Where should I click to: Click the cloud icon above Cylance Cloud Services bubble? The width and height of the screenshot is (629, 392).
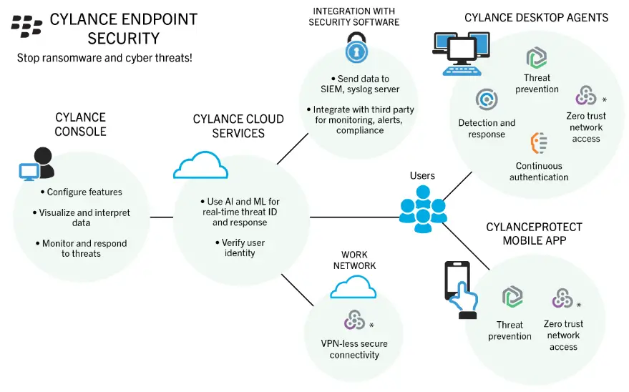200,166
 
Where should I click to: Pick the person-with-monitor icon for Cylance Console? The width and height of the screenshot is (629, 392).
36,165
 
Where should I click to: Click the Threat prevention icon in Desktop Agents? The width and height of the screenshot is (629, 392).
537,58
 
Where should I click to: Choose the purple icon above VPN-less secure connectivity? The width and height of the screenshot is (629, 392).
354,319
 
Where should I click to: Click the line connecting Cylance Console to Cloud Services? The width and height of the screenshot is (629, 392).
162,216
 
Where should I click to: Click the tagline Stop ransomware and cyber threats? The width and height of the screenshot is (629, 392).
104,57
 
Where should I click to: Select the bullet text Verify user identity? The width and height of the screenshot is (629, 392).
235,248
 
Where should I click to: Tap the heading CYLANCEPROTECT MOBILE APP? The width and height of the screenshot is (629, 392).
533,233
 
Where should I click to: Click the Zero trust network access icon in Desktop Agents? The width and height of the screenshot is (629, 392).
585,95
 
